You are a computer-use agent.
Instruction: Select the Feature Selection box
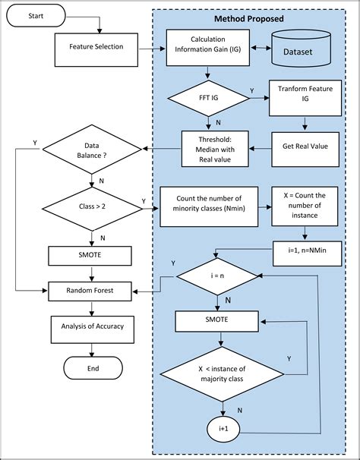click(91, 46)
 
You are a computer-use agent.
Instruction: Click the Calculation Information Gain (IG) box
click(207, 46)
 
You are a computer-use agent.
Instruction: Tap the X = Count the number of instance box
click(304, 206)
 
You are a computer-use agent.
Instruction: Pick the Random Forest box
click(91, 288)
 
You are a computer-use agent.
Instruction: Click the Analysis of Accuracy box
click(91, 326)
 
